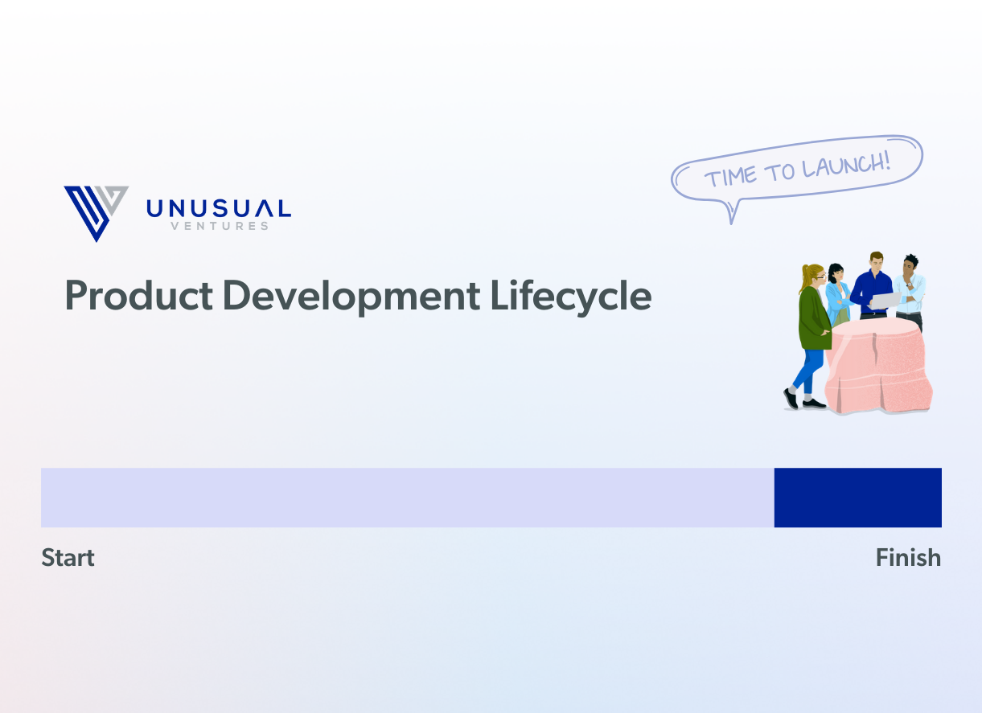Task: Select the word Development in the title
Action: [351, 297]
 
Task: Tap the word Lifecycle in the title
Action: [571, 297]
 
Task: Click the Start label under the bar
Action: [68, 558]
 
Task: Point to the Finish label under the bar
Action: [908, 557]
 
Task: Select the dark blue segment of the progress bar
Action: [858, 498]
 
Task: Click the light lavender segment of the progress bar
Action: [408, 498]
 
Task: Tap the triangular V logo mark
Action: [97, 214]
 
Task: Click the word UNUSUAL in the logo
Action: [219, 209]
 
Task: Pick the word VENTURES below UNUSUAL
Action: [220, 226]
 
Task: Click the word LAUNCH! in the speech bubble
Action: [847, 166]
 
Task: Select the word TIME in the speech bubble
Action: [730, 177]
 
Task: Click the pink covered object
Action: [878, 366]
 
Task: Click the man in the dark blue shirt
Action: [873, 285]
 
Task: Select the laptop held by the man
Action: [885, 300]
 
